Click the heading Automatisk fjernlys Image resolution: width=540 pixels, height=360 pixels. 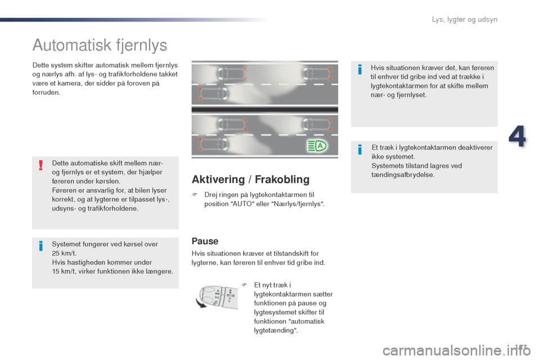coord(100,44)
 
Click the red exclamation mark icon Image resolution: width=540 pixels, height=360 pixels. coord(41,164)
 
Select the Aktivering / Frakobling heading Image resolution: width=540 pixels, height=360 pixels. coord(250,179)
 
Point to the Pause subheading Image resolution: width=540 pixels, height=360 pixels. coord(205,241)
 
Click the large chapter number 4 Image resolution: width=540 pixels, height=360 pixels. coord(518,137)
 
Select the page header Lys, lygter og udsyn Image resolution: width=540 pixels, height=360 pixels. coord(465,20)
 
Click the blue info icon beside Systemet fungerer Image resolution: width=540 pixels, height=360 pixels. coord(41,246)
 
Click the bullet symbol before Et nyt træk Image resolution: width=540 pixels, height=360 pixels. coord(245,285)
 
